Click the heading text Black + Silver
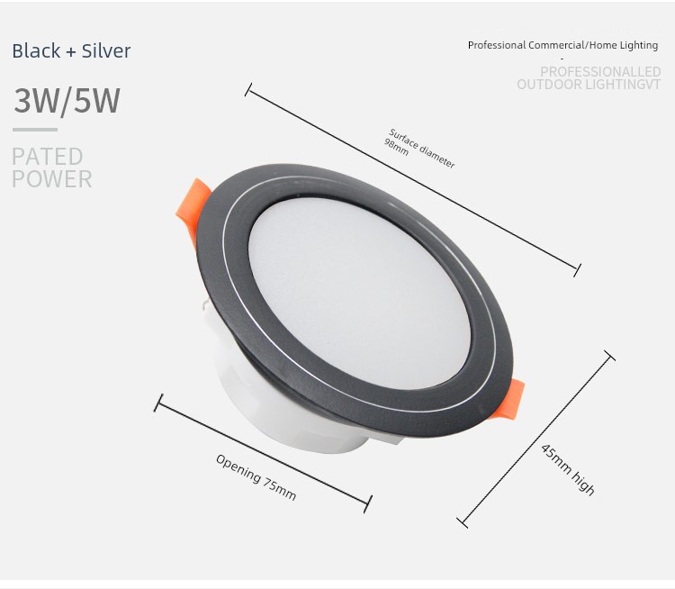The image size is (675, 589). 71,51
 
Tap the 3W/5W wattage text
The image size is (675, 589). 67,101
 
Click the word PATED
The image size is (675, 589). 47,157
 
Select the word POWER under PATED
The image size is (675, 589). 51,178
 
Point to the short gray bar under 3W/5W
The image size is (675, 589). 35,130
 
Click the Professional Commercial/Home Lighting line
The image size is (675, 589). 562,45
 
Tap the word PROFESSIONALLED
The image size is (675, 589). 600,72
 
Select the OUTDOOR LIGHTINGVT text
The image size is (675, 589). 589,85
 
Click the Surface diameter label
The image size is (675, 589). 422,149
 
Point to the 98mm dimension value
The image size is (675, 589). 396,147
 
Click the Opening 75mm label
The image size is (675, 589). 256,477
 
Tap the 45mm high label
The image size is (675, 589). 568,468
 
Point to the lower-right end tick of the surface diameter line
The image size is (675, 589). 577,269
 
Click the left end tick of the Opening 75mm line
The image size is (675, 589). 158,403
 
